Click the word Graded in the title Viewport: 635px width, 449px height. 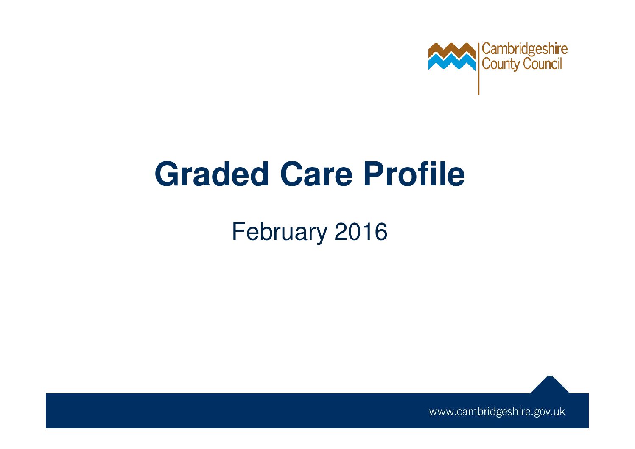click(212, 174)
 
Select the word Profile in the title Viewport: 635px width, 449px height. click(414, 174)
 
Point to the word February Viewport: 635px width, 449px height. click(279, 232)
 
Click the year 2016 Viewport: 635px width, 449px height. click(361, 232)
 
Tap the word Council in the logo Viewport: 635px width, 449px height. click(543, 64)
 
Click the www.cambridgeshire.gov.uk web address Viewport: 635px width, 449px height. click(497, 412)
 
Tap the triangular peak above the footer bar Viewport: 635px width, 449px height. click(550, 384)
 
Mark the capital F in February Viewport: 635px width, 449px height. click(238, 232)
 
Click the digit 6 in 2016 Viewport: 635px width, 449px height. click(380, 232)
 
